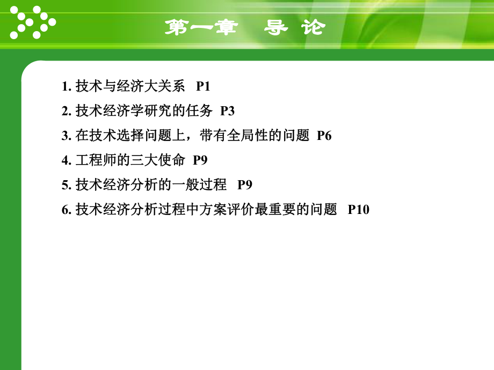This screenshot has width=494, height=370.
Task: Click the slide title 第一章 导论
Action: coord(244,27)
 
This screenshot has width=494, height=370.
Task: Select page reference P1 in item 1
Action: coord(203,86)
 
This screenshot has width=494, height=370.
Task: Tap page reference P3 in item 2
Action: coord(228,111)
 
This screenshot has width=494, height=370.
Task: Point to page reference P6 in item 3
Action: coord(324,136)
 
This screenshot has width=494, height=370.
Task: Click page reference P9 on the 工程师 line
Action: coord(200,160)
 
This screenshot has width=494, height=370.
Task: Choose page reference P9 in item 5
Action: coord(245,185)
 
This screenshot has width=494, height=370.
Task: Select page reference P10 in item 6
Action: coord(359,210)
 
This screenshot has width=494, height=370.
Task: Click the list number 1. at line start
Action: coord(66,86)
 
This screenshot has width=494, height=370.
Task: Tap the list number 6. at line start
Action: coord(66,210)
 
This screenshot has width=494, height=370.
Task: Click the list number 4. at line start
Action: coord(66,160)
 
